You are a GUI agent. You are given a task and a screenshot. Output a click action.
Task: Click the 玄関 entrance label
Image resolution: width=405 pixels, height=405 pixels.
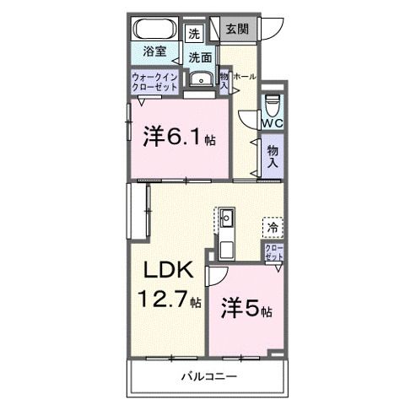(x=235, y=30)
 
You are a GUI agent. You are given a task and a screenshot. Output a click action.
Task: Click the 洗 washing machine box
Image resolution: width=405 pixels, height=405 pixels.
(x=195, y=34)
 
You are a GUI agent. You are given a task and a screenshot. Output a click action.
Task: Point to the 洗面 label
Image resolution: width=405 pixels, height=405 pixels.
(x=200, y=57)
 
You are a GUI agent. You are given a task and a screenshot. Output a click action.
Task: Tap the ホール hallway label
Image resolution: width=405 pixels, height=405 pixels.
(x=245, y=76)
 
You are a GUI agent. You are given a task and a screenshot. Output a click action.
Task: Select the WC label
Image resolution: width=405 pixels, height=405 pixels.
(x=271, y=124)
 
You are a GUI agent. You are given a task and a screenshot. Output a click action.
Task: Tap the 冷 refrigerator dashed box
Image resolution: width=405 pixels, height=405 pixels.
(x=273, y=226)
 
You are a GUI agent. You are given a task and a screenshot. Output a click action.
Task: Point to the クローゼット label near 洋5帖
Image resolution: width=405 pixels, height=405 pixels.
(x=273, y=252)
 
